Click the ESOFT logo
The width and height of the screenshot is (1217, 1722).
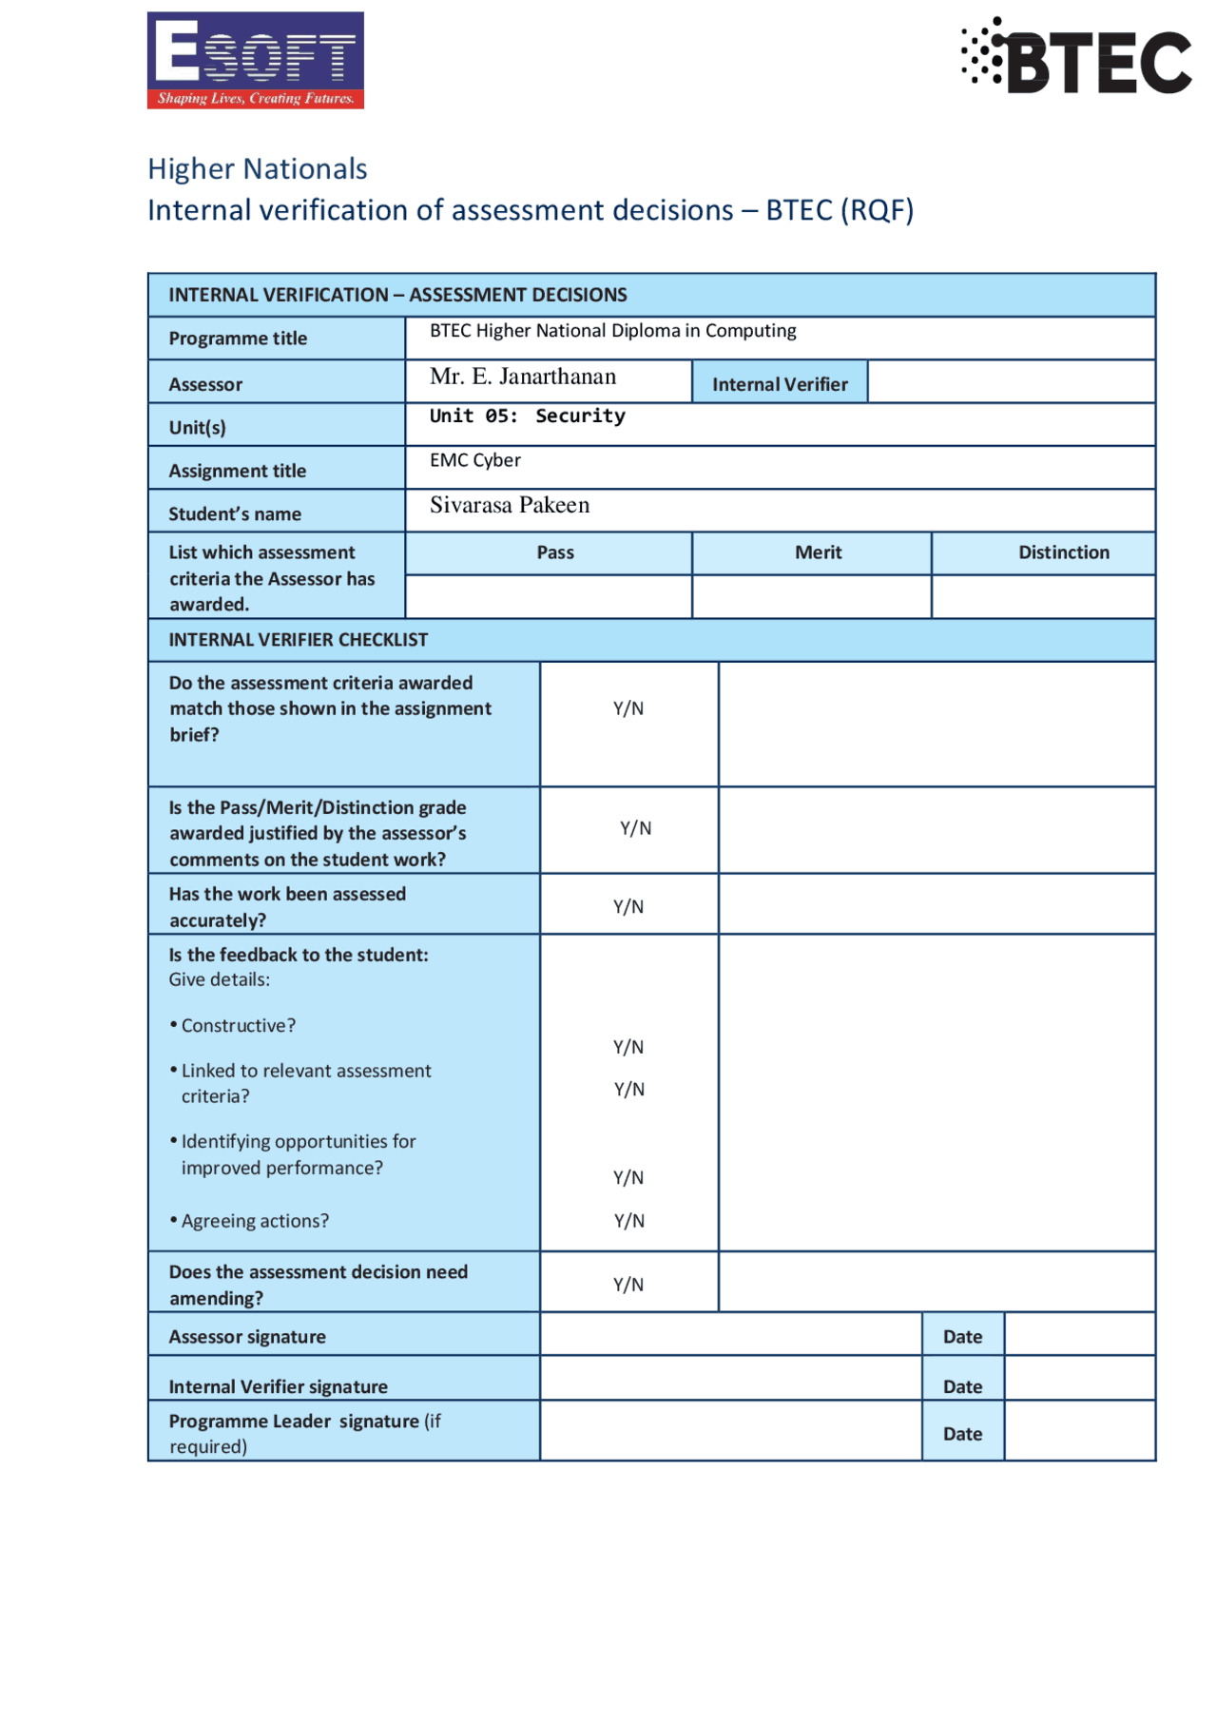pyautogui.click(x=255, y=60)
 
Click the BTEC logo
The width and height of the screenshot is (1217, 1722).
pyautogui.click(x=1076, y=57)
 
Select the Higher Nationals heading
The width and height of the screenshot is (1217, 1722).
pyautogui.click(x=257, y=168)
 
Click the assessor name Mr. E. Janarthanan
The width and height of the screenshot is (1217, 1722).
pyautogui.click(x=523, y=377)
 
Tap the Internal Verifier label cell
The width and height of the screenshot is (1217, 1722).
pyautogui.click(x=780, y=384)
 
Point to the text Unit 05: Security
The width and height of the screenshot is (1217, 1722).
pyautogui.click(x=528, y=416)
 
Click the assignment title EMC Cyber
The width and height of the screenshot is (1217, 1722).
pyautogui.click(x=475, y=460)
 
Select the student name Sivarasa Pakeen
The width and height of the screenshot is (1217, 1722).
pyautogui.click(x=510, y=505)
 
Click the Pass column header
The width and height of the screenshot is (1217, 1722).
pyautogui.click(x=555, y=552)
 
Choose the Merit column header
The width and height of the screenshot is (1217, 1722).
pyautogui.click(x=818, y=552)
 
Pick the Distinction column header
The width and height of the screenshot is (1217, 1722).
pyautogui.click(x=1063, y=552)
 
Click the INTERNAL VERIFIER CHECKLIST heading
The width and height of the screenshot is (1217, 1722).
pyautogui.click(x=299, y=640)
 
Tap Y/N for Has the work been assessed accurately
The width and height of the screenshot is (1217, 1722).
pyautogui.click(x=628, y=906)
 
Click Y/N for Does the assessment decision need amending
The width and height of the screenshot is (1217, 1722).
pyautogui.click(x=628, y=1285)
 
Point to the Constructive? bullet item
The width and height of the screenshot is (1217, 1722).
pyautogui.click(x=238, y=1026)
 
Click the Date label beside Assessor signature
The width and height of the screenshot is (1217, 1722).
pyautogui.click(x=962, y=1337)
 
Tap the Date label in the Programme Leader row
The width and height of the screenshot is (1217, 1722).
pyautogui.click(x=962, y=1434)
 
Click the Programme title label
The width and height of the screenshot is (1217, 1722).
pyautogui.click(x=238, y=339)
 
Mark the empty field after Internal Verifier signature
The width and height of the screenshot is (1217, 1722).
pyautogui.click(x=730, y=1379)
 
